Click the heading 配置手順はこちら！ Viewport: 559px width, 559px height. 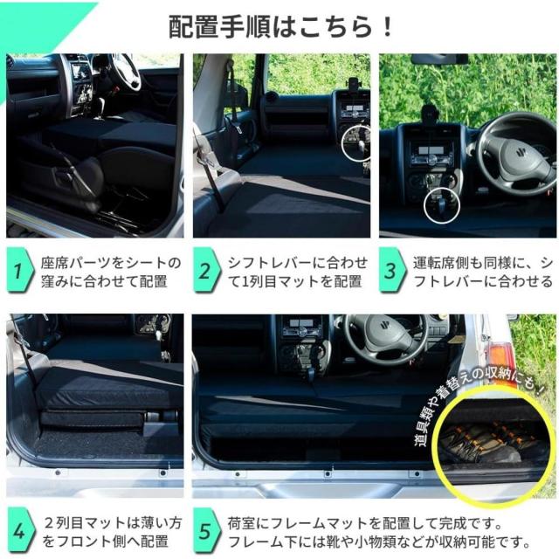[x=280, y=26]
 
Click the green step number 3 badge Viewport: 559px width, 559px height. [x=391, y=272]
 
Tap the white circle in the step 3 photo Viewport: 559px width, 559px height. [x=439, y=207]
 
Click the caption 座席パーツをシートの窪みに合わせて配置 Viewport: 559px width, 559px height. [x=109, y=272]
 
